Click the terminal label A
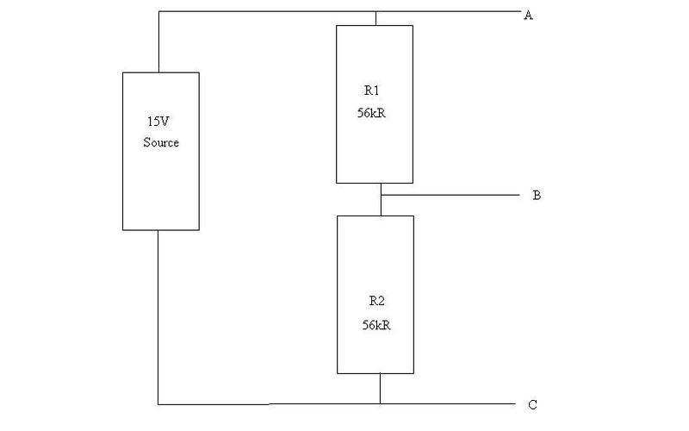coord(528,16)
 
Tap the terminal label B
coord(537,196)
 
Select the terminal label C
coord(532,405)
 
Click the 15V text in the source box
coord(158,122)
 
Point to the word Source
coord(161,142)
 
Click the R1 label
coord(371,91)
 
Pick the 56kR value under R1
coord(371,113)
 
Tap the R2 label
coord(376,301)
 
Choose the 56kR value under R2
coord(376,325)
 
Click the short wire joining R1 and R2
coord(381,199)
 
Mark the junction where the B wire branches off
coord(381,195)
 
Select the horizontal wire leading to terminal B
coord(450,195)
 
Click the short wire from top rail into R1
coord(376,18)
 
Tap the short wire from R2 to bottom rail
coord(380,389)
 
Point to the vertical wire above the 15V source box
coord(158,42)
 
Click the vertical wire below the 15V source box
coord(158,317)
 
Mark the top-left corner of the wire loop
coord(158,12)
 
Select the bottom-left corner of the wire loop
coord(158,404)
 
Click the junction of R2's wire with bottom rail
coord(380,403)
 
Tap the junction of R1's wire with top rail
coord(376,12)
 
